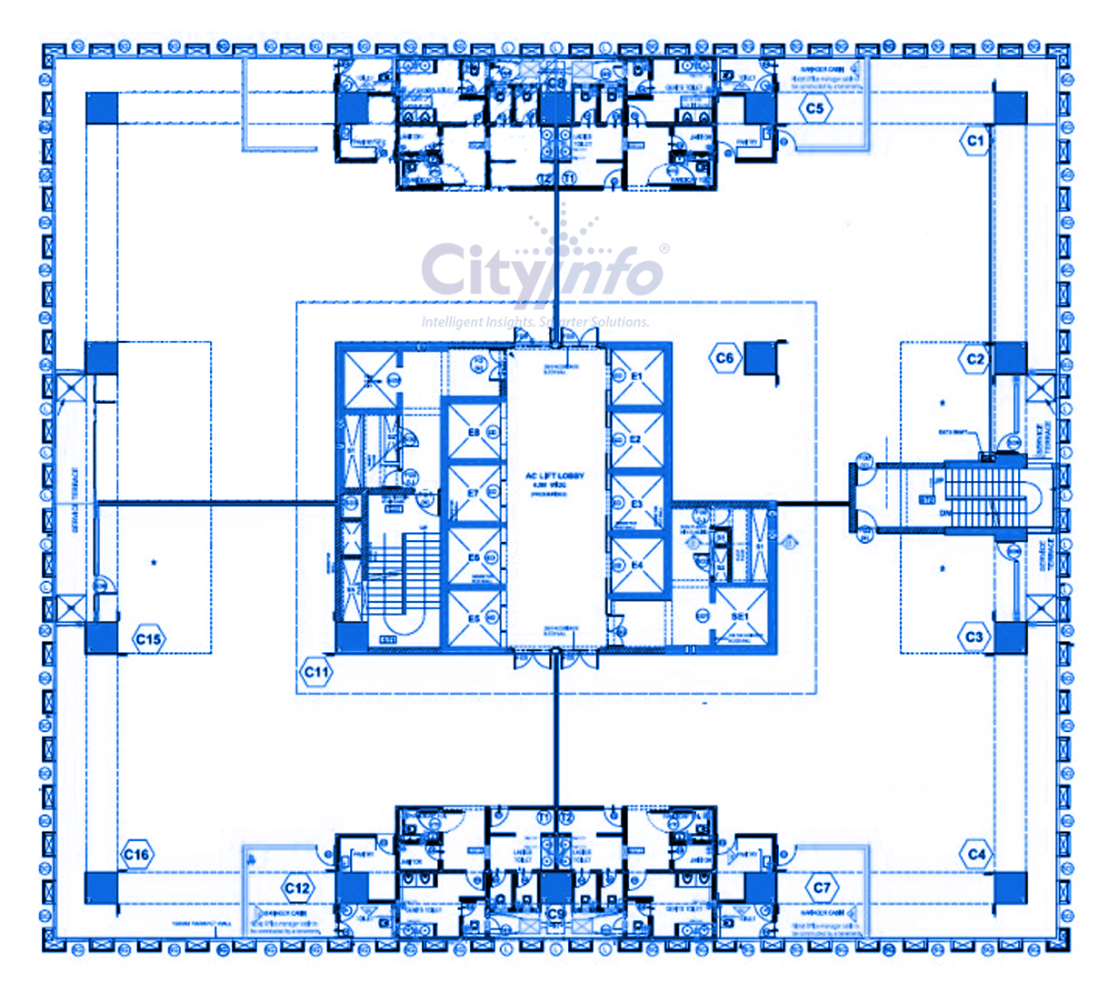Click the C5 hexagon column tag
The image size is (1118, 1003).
(x=814, y=108)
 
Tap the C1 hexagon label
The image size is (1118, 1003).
(x=974, y=141)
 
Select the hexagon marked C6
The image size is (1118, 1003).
(x=724, y=358)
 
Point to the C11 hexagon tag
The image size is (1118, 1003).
(x=316, y=673)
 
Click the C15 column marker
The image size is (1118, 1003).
(x=148, y=639)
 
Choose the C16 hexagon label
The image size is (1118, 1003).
(x=136, y=855)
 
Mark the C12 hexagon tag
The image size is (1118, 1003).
(x=297, y=888)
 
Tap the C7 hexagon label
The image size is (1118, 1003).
(x=822, y=888)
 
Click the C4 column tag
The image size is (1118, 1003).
(x=975, y=855)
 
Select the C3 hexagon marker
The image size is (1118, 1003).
(x=974, y=637)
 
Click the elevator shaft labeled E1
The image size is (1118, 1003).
(x=636, y=377)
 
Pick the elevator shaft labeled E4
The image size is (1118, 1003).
(x=636, y=566)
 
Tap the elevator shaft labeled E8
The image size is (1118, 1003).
(x=474, y=433)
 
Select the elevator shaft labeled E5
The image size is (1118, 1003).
(x=474, y=619)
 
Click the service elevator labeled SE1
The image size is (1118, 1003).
(x=740, y=617)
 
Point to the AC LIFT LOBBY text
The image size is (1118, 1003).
(x=554, y=476)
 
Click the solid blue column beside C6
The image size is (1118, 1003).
(x=758, y=359)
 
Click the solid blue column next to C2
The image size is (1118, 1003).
(x=1010, y=359)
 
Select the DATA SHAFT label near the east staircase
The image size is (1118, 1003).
(x=953, y=433)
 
